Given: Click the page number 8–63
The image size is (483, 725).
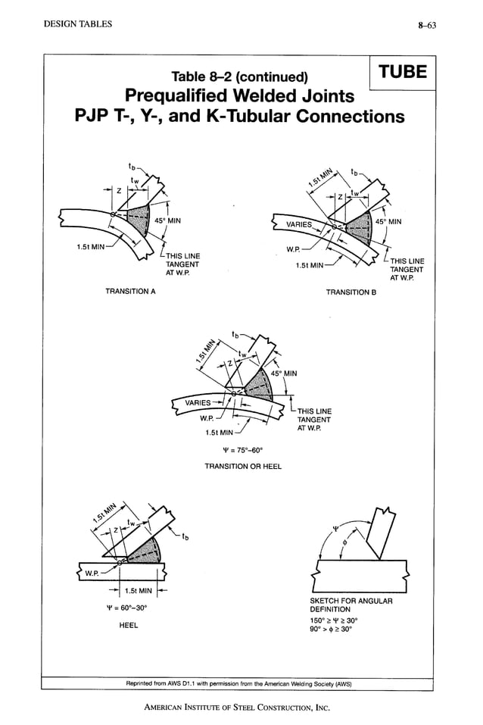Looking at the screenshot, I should tap(432, 24).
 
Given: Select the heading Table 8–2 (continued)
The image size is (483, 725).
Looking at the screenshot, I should tap(240, 77).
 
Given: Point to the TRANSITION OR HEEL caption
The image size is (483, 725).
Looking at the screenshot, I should tap(243, 467).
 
